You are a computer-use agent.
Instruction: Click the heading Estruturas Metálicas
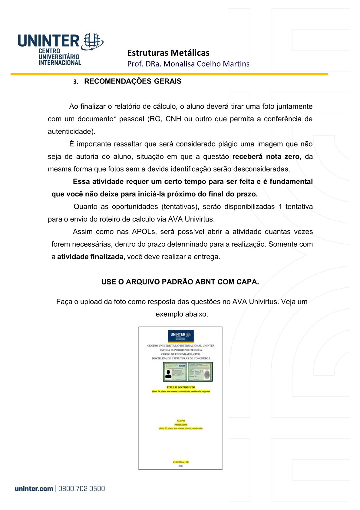tap(168, 53)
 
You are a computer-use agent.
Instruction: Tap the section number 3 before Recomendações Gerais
tap(75, 82)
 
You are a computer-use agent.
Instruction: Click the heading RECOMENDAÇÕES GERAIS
tap(133, 81)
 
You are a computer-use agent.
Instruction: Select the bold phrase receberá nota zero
tap(266, 156)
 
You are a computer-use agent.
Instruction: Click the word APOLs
tap(144, 232)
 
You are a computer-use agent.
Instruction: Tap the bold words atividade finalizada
tap(90, 257)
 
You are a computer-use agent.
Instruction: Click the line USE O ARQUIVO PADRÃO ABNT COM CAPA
tap(180, 282)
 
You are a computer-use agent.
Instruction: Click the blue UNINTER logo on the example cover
tap(181, 336)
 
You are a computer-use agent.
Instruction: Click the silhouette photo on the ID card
tap(168, 374)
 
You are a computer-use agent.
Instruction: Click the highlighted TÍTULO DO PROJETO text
tap(181, 387)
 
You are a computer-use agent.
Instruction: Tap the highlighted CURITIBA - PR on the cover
tap(181, 462)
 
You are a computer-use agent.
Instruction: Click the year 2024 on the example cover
tap(181, 466)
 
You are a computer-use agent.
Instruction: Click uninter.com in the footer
tap(34, 489)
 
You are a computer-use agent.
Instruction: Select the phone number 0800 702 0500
tap(81, 489)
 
